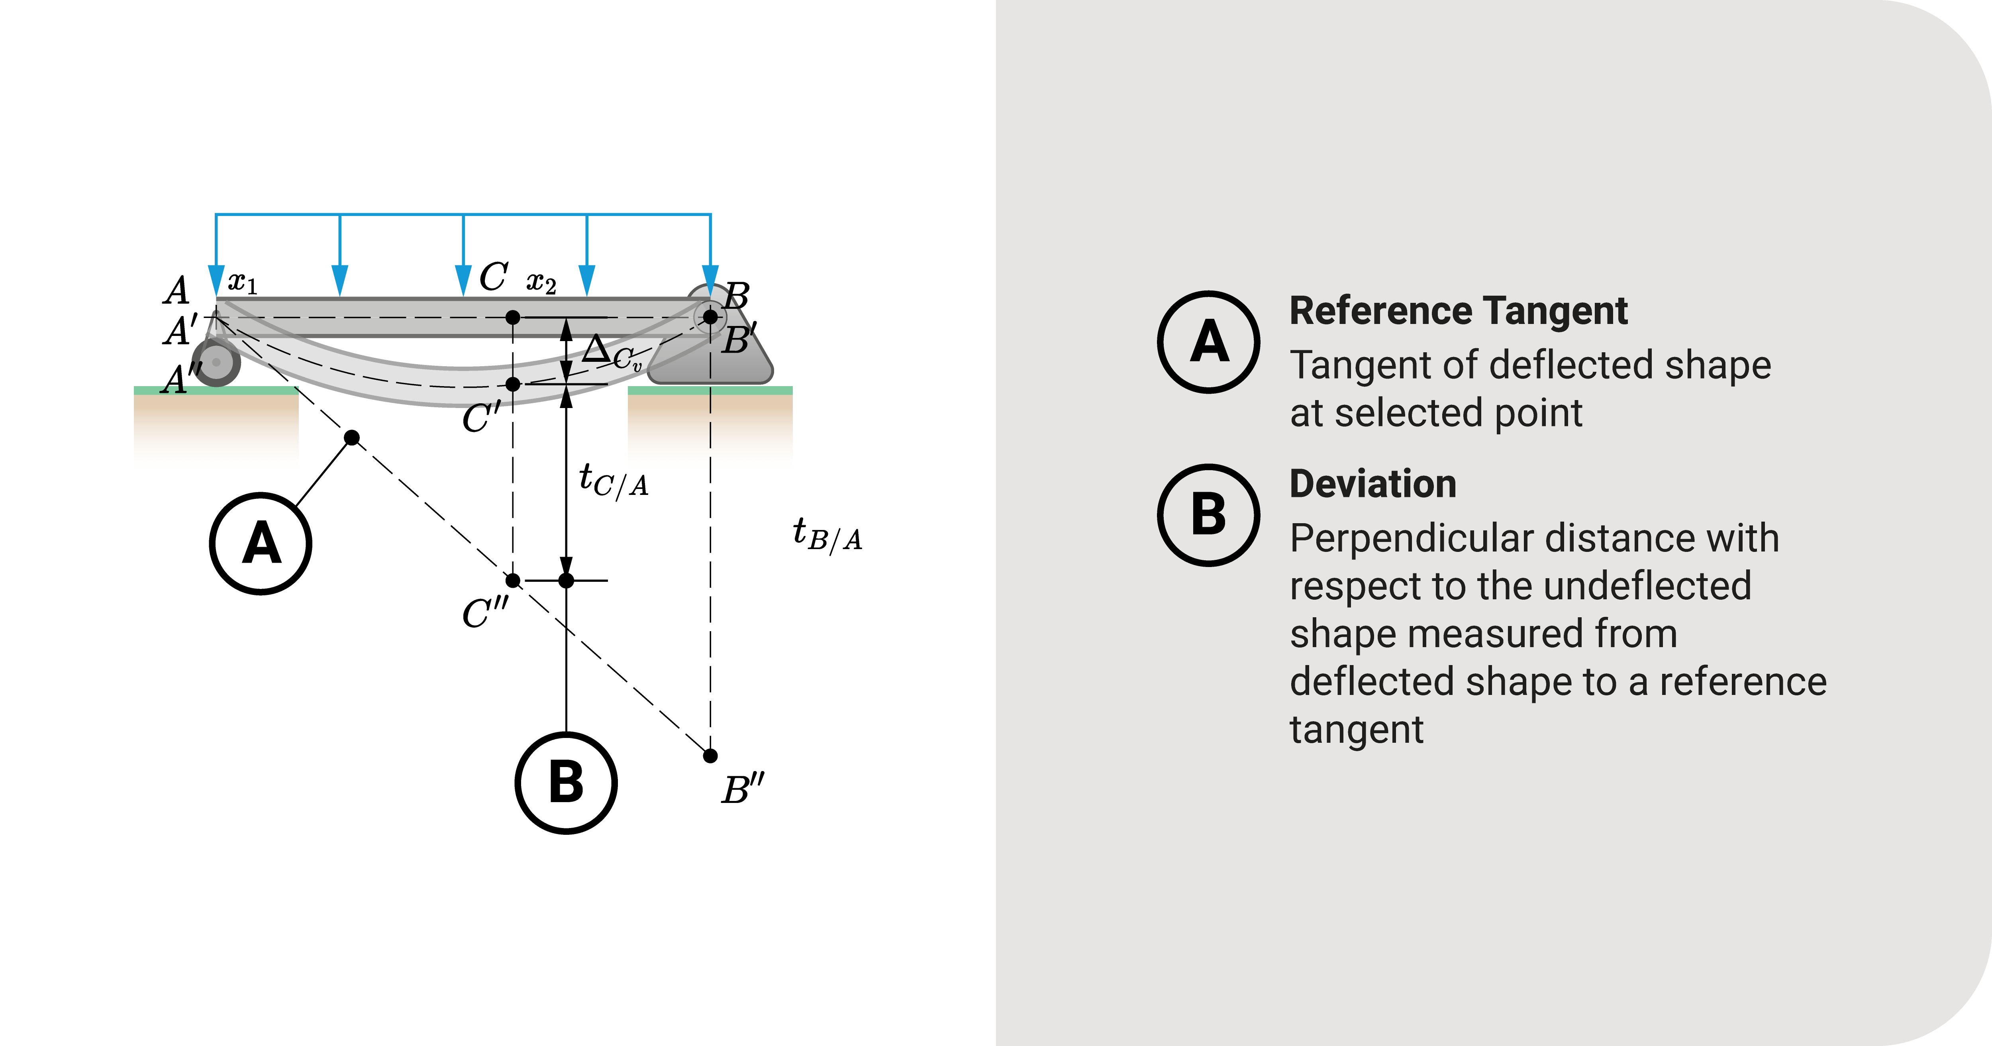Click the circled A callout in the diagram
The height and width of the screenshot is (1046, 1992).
click(261, 544)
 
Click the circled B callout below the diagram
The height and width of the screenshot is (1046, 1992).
click(566, 783)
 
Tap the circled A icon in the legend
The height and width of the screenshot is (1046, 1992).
click(1209, 342)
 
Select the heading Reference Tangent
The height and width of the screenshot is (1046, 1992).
click(1459, 311)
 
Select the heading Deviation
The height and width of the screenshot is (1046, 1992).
click(1372, 484)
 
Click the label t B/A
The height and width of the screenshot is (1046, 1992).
click(827, 535)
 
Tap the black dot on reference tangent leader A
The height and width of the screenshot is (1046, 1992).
click(352, 438)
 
